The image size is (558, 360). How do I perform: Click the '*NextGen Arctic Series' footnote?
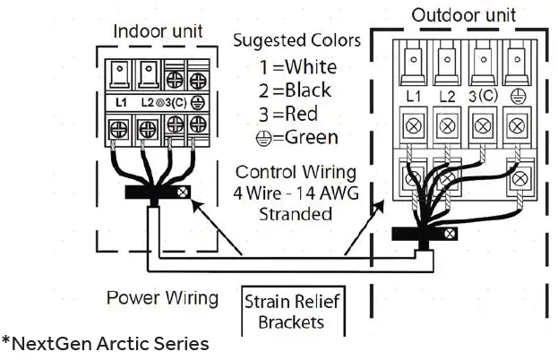tap(106, 343)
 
